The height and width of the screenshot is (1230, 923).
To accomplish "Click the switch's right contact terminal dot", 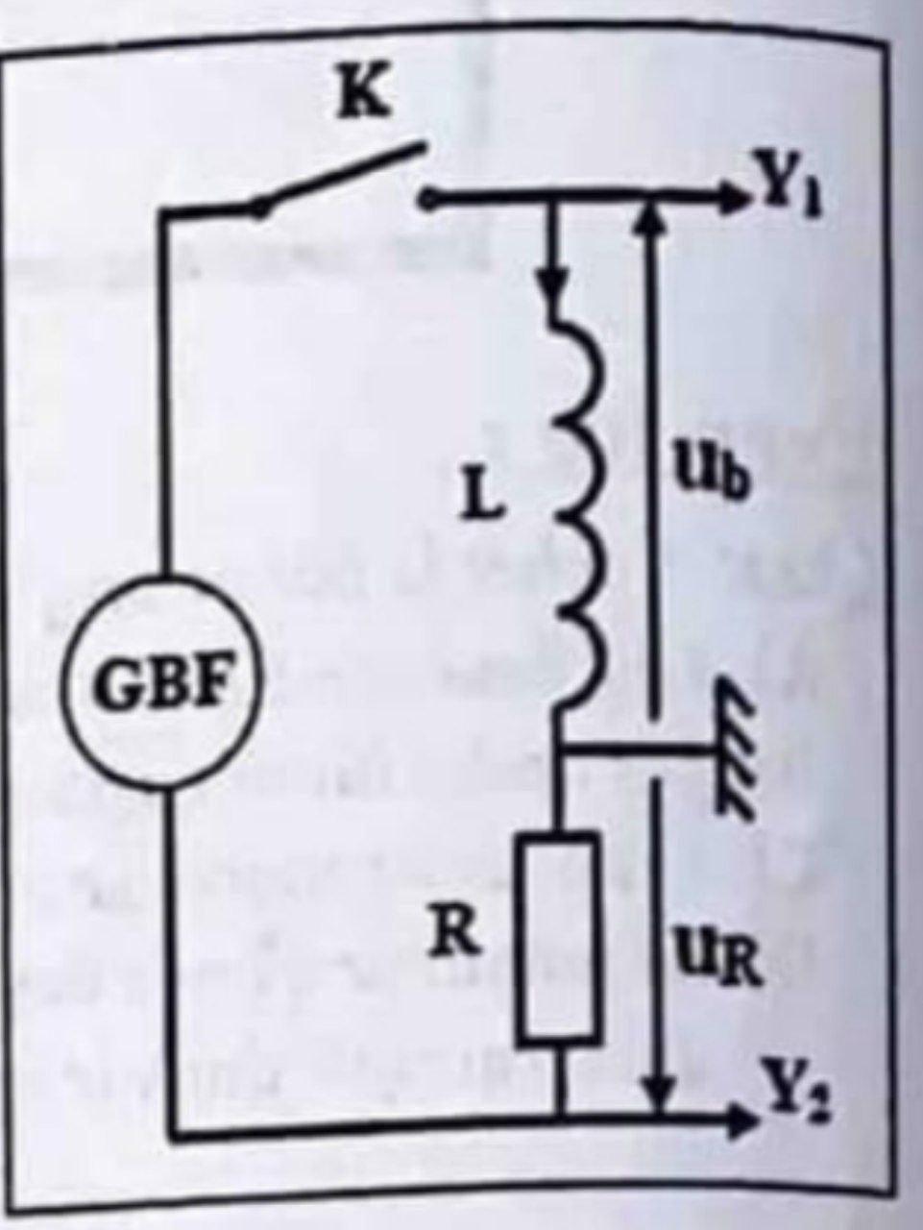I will (427, 199).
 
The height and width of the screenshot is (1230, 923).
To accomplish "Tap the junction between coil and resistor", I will (561, 749).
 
